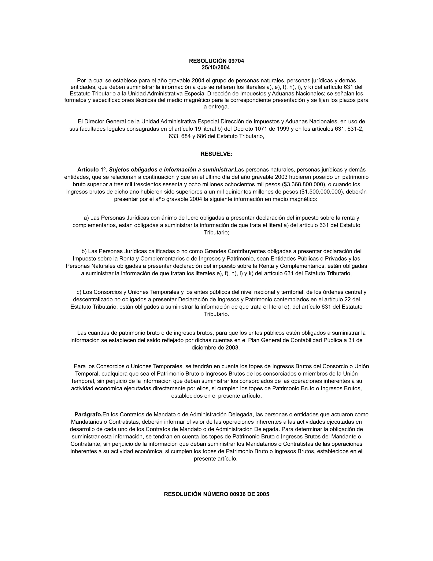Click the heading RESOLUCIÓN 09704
pyautogui.click(x=216, y=61)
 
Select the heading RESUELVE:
pyautogui.click(x=216, y=154)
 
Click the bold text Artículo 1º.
pyautogui.click(x=92, y=170)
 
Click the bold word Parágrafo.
pyautogui.click(x=88, y=415)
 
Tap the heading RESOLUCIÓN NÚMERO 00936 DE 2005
pyautogui.click(x=216, y=494)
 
